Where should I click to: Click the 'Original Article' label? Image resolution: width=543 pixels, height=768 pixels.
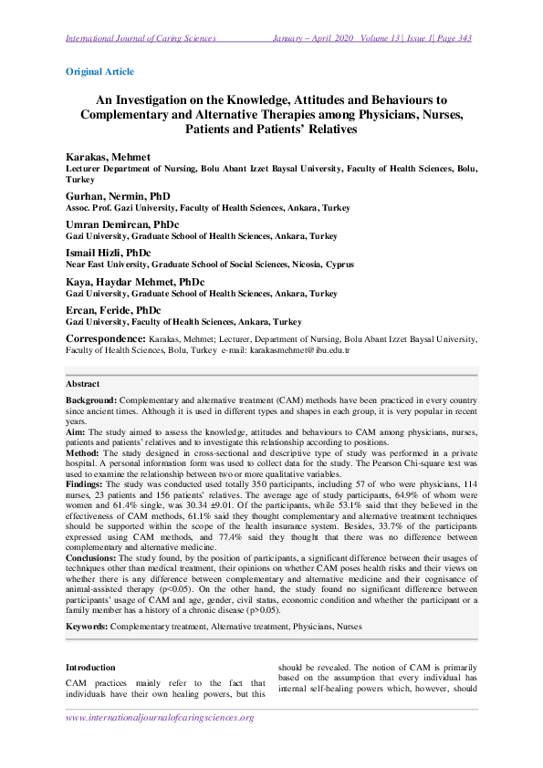coord(99,71)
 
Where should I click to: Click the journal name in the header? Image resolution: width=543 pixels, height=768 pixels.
coord(141,38)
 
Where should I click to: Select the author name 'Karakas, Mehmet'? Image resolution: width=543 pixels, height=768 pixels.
coord(108,157)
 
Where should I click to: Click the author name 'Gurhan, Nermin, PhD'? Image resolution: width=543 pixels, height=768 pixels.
coord(118,195)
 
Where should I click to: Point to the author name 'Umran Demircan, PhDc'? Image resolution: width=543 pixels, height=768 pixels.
coord(122,223)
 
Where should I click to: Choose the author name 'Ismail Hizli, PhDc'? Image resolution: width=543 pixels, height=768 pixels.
coord(108,252)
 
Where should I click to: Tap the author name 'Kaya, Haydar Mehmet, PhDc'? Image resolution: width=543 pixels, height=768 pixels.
coord(135,281)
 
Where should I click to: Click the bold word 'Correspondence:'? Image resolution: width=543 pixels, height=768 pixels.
coord(105,338)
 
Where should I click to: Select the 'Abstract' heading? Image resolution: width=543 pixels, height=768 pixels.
coord(83,384)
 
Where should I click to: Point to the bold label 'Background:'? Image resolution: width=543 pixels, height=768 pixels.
coord(90,400)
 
